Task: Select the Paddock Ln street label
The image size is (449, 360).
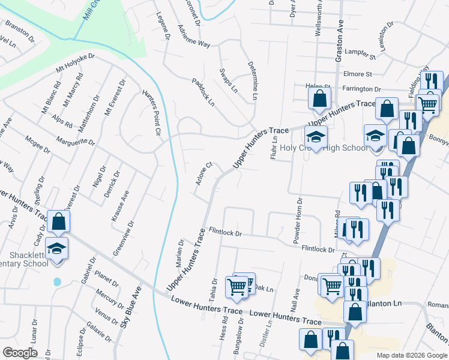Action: pos(203,92)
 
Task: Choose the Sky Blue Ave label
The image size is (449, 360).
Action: pos(131,307)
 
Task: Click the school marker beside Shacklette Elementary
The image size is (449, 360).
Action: pos(57,248)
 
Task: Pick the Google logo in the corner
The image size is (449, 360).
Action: pos(20,353)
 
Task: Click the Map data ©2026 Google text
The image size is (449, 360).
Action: pos(412,355)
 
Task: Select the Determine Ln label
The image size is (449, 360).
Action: pos(252,81)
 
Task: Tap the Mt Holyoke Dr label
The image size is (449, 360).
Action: pos(76,63)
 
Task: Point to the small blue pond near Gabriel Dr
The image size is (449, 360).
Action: pos(57,281)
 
